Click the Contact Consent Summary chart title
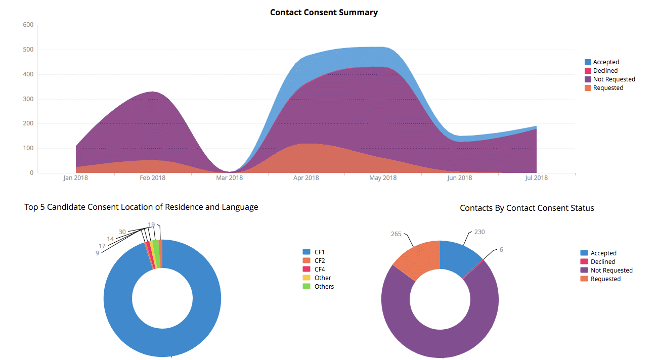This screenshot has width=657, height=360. [324, 12]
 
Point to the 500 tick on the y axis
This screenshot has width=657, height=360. [28, 50]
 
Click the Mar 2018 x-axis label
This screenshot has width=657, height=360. [229, 178]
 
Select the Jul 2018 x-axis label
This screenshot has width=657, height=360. [536, 178]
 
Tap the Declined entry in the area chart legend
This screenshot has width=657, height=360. [605, 71]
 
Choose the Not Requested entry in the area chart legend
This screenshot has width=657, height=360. [614, 79]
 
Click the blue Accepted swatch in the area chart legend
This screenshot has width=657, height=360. [588, 62]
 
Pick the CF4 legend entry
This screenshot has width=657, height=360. [320, 269]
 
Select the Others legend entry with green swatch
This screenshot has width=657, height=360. [324, 287]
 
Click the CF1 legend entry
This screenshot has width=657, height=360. [320, 252]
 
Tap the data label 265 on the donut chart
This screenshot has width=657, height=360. [396, 234]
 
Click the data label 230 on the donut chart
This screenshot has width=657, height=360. [479, 232]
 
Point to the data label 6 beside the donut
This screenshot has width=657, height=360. [501, 250]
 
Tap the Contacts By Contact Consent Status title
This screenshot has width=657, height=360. [527, 208]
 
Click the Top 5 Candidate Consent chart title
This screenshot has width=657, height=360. [141, 207]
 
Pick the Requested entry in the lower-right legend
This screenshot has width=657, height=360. [605, 279]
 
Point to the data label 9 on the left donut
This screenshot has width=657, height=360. [97, 253]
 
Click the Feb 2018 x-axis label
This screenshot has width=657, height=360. [152, 178]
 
